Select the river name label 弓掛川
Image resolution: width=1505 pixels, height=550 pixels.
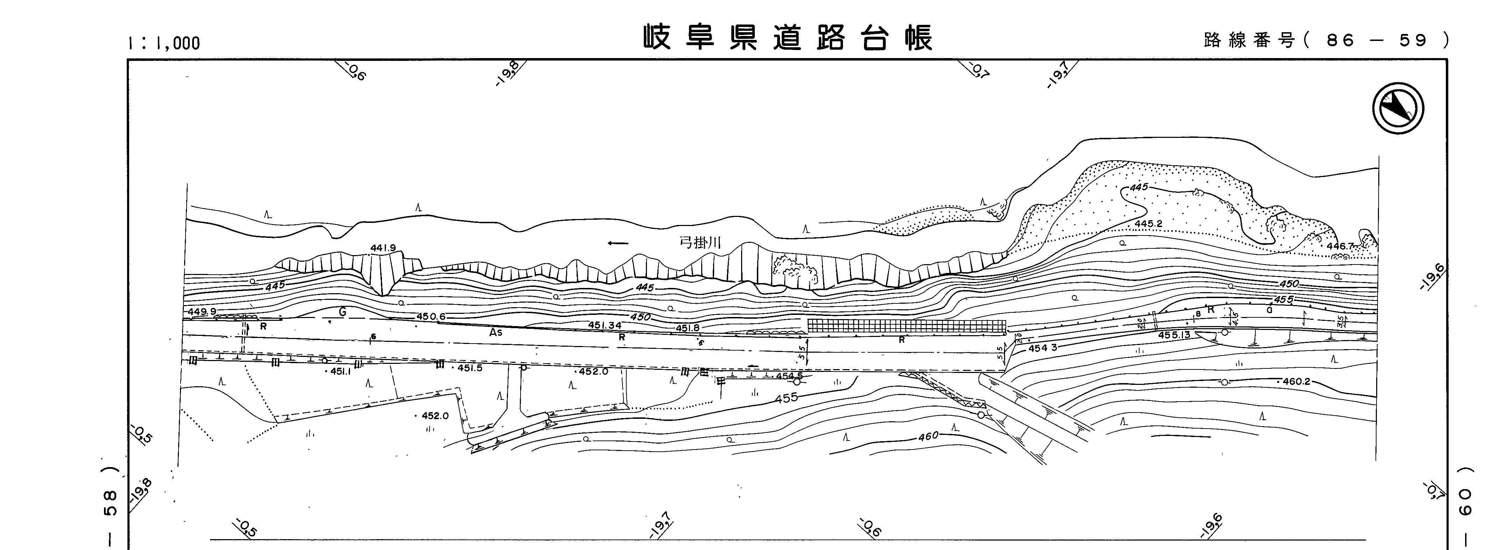tap(700, 243)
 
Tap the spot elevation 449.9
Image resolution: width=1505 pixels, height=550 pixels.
tap(202, 312)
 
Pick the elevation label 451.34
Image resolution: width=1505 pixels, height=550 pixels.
tap(604, 325)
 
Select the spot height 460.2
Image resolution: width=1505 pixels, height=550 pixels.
tap(1296, 381)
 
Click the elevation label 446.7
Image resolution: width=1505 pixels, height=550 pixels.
tap(1340, 246)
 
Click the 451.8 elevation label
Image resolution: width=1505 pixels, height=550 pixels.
tap(688, 328)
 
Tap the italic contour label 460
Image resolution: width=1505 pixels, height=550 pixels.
tap(928, 436)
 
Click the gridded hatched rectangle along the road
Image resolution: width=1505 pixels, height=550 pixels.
tap(906, 326)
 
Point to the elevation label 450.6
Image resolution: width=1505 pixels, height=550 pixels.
tap(431, 316)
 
